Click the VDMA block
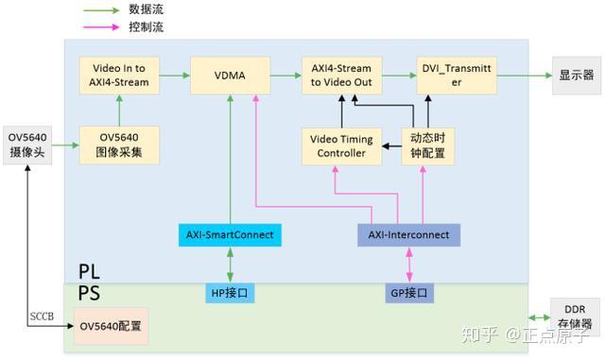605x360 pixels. (230, 75)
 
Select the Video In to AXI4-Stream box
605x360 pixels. (113, 75)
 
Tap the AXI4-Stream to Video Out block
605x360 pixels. (341, 75)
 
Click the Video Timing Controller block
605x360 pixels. (341, 146)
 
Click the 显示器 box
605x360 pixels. (575, 76)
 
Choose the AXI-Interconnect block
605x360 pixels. (408, 233)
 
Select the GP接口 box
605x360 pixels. (408, 293)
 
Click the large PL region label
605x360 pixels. (90, 271)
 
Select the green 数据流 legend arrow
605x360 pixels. (98, 9)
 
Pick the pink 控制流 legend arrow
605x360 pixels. (98, 26)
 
